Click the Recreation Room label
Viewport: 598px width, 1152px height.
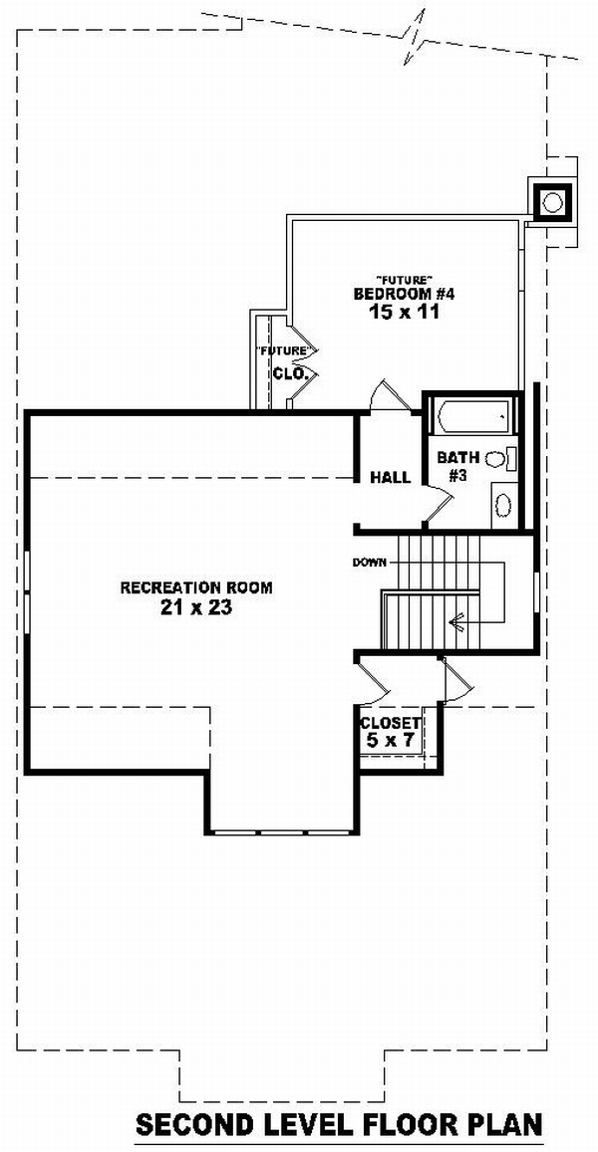[196, 587]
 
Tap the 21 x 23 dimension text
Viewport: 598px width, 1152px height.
[195, 607]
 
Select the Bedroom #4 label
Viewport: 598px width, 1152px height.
[406, 294]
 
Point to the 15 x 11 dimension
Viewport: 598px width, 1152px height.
[404, 312]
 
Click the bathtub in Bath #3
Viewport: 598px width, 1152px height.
[472, 417]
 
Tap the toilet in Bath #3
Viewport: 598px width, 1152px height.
[501, 459]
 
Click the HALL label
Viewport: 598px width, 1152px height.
[390, 478]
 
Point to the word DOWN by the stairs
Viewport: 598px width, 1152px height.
[369, 563]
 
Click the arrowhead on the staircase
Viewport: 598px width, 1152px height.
[457, 623]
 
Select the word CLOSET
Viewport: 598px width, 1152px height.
[390, 723]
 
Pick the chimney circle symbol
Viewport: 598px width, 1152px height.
[553, 200]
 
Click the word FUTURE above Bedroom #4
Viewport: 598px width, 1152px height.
[403, 279]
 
